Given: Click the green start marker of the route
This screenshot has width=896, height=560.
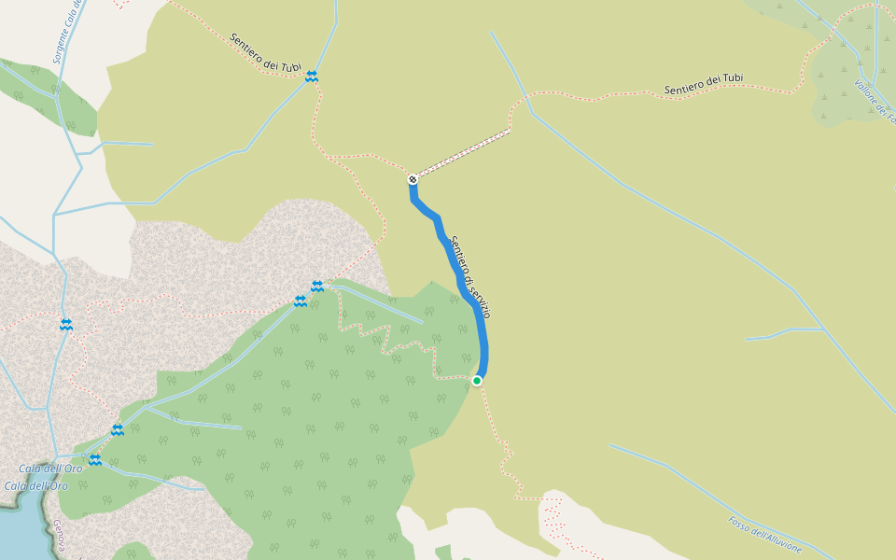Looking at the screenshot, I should tap(477, 380).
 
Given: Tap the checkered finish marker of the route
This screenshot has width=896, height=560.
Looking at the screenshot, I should tap(413, 178).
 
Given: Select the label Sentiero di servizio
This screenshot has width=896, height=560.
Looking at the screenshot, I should tap(469, 276).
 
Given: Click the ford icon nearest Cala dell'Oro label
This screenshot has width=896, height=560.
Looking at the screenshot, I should tap(95, 459).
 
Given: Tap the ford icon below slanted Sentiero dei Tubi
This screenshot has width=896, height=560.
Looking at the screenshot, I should tap(311, 77).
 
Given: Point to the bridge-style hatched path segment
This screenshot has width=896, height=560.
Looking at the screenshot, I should tap(462, 153).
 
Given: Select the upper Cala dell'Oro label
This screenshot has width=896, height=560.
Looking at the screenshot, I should tap(50, 469).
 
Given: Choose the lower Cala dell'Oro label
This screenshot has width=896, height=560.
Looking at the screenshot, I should tap(36, 485).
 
